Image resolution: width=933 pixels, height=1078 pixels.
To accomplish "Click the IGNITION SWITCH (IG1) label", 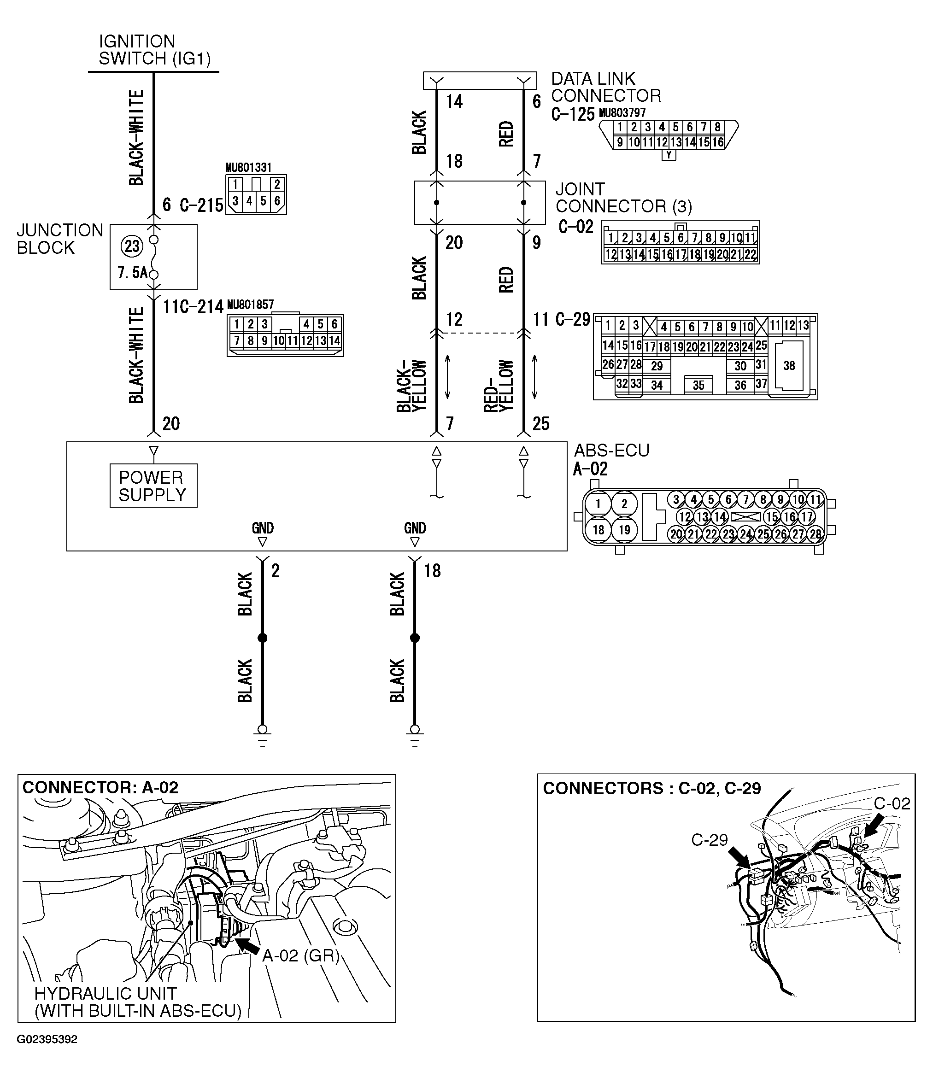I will tap(155, 50).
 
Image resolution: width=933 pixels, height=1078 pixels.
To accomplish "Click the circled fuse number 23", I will tap(132, 246).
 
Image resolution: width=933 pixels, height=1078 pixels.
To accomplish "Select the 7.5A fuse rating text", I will tap(132, 272).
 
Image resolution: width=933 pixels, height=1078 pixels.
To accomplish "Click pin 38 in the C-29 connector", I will tap(789, 366).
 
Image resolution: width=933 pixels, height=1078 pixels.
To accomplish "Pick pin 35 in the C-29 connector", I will tap(698, 385).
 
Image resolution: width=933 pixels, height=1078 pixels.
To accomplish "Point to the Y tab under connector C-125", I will tap(669, 155).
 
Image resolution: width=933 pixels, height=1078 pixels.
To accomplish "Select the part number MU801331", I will tap(248, 168).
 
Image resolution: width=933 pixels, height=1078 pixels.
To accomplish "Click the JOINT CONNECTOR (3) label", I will tap(623, 198).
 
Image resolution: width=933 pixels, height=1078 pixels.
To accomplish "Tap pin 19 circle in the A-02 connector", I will tap(624, 530).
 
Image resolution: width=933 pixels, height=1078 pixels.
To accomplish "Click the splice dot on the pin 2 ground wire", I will tap(263, 638).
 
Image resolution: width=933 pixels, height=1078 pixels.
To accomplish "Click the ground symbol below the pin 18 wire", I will tap(415, 737).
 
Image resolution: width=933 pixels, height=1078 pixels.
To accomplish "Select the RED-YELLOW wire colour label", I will tap(498, 386).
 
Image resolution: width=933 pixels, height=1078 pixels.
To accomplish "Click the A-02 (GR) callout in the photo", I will tap(300, 955).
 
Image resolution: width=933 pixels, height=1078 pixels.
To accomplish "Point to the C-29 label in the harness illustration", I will tap(709, 840).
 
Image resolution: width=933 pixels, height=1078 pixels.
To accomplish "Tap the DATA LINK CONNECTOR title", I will tap(605, 88).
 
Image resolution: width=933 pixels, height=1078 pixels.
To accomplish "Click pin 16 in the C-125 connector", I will tap(717, 142).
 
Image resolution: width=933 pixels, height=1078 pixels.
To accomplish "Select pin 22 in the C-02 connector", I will tap(750, 255).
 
